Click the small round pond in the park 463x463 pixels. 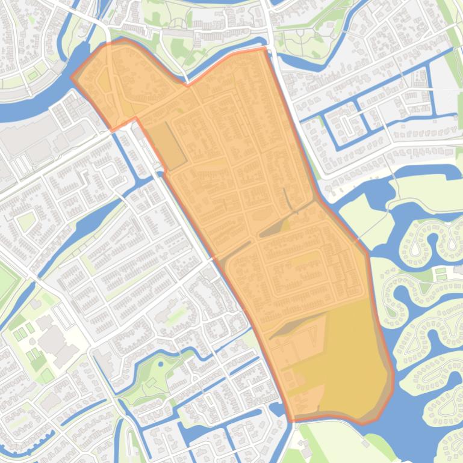coord(160,363)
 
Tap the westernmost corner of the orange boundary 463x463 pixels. coord(72,77)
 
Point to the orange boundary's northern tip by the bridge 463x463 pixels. coord(264,49)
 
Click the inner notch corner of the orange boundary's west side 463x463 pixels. coord(137,118)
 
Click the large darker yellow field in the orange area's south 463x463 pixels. coord(349,361)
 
